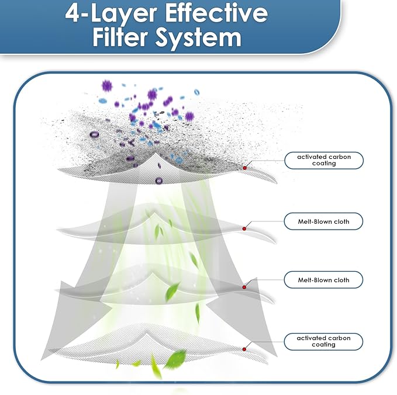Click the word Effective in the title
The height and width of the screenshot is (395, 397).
click(x=216, y=13)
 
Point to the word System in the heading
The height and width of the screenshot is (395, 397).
click(x=198, y=39)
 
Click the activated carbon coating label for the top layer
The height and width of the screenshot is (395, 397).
click(x=324, y=160)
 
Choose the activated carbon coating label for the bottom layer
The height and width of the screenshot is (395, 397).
click(x=323, y=341)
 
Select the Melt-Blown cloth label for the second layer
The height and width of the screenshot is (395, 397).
click(x=323, y=221)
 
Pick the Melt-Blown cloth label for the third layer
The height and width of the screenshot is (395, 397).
click(x=323, y=280)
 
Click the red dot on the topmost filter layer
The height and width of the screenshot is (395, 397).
click(x=244, y=168)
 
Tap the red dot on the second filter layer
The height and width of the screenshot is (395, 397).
click(x=244, y=228)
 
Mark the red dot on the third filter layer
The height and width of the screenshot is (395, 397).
click(x=244, y=287)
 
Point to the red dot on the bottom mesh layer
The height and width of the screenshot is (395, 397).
click(x=244, y=349)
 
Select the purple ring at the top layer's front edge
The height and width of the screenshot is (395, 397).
click(x=159, y=181)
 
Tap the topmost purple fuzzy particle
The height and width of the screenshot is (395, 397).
click(x=107, y=86)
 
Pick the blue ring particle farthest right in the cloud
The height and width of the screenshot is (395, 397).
click(x=196, y=92)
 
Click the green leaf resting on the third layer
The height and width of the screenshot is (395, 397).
click(x=171, y=292)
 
